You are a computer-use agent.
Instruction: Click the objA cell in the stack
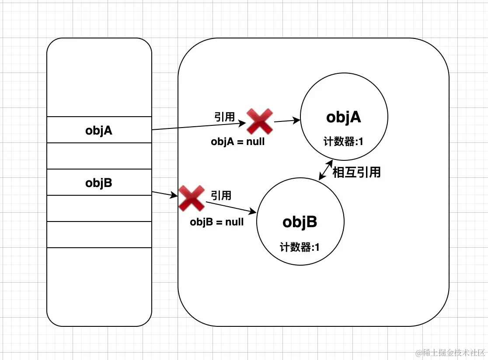pyautogui.click(x=99, y=130)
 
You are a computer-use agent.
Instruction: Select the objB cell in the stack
pyautogui.click(x=99, y=183)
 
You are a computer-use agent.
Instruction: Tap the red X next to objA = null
pyautogui.click(x=260, y=121)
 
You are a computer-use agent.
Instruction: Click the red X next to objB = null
pyautogui.click(x=192, y=198)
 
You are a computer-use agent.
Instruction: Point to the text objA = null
pyautogui.click(x=237, y=142)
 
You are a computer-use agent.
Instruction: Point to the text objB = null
pyautogui.click(x=216, y=222)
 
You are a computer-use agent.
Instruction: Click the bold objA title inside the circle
pyautogui.click(x=343, y=117)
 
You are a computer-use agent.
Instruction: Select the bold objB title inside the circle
pyautogui.click(x=300, y=222)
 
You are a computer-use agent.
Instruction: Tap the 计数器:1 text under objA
pyautogui.click(x=344, y=142)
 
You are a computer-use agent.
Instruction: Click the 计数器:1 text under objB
pyautogui.click(x=300, y=247)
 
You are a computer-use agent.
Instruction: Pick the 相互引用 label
pyautogui.click(x=356, y=172)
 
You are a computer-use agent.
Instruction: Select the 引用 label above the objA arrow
pyautogui.click(x=224, y=117)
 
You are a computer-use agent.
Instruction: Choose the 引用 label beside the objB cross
pyautogui.click(x=221, y=195)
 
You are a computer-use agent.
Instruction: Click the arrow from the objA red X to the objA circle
pyautogui.click(x=286, y=121)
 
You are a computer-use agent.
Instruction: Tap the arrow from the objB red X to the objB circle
pyautogui.click(x=231, y=208)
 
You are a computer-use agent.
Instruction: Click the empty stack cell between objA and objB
pyautogui.click(x=99, y=156)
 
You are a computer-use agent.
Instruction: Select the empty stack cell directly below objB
pyautogui.click(x=99, y=208)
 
